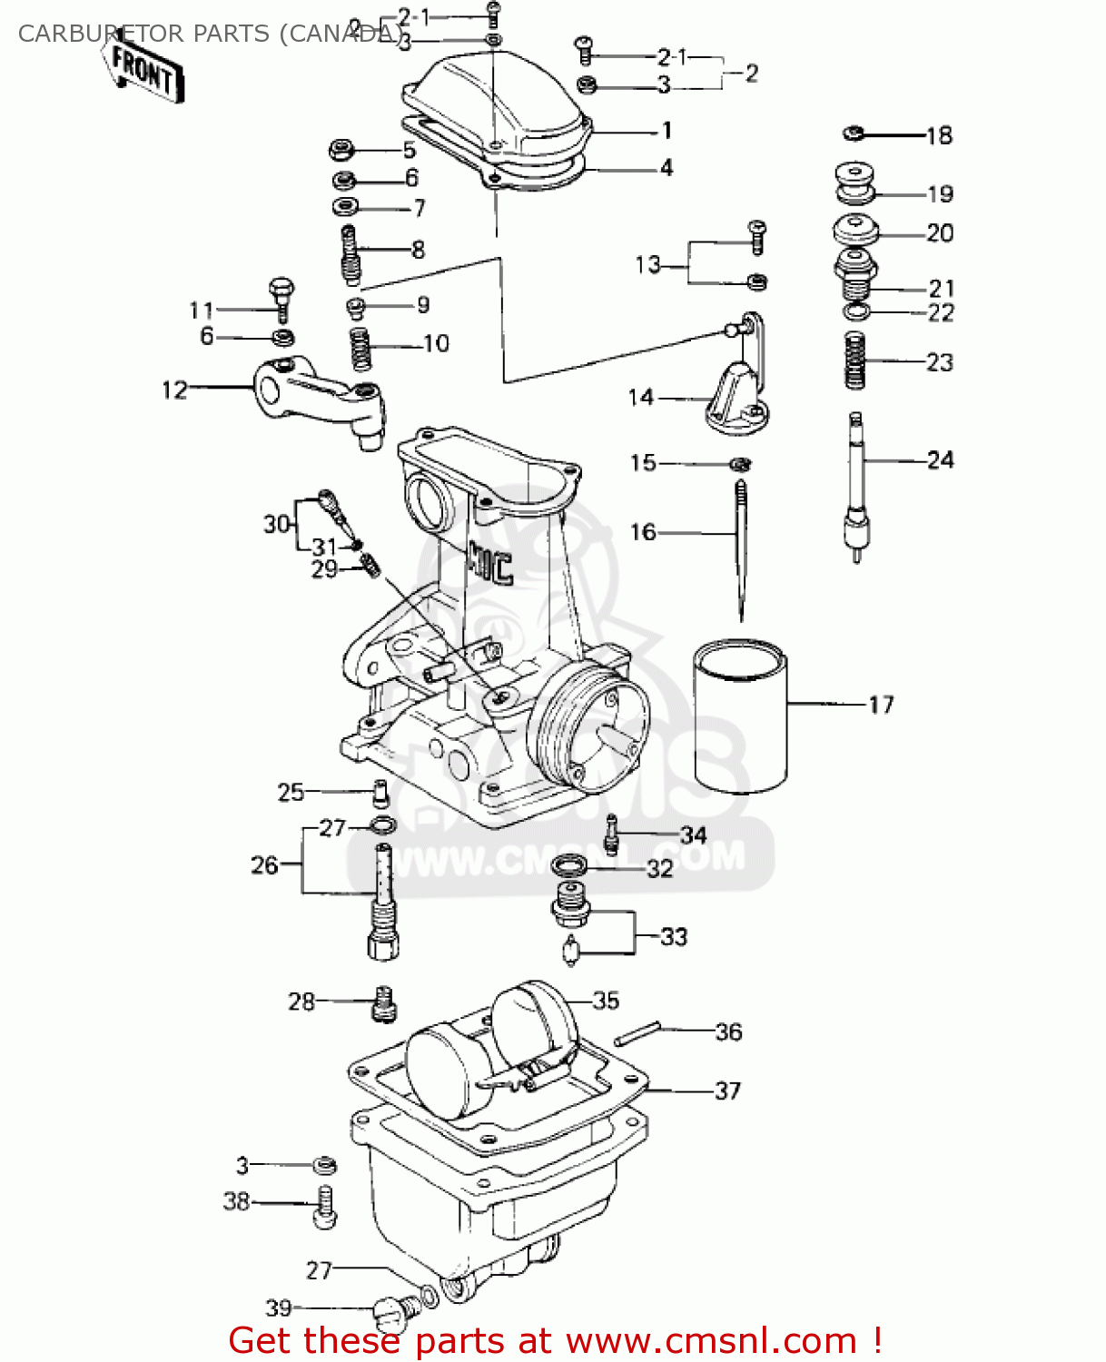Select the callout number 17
881,705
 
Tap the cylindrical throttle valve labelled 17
740,717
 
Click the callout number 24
940,460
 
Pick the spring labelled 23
854,360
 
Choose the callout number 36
728,1032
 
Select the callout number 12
174,390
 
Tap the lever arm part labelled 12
318,400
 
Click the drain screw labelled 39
396,1309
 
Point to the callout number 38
236,1201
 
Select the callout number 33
674,936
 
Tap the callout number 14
641,398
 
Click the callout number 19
940,194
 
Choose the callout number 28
301,1002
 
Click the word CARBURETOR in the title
100,34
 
